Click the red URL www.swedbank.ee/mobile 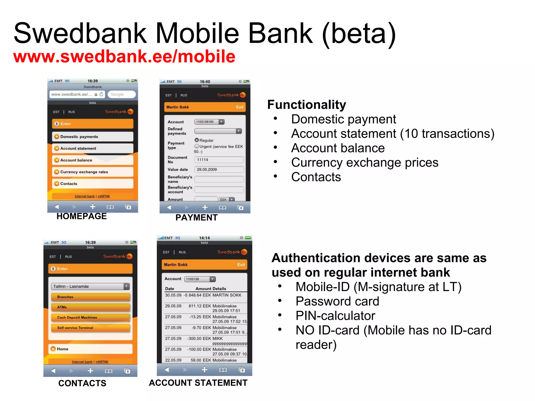tap(124, 56)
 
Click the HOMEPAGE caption tap(82, 216)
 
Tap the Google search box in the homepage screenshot tap(121, 94)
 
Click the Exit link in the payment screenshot tap(240, 107)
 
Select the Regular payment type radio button tap(197, 140)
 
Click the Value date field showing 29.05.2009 tap(219, 169)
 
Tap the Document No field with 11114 tap(219, 160)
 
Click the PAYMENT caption tap(196, 217)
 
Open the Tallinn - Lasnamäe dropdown tap(90, 286)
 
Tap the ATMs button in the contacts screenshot tap(90, 307)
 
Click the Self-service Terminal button tap(90, 328)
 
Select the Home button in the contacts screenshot tap(90, 349)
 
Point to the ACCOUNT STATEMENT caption tap(198, 383)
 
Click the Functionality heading tap(307, 105)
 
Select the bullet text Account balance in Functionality tap(338, 148)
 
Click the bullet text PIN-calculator tap(335, 316)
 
